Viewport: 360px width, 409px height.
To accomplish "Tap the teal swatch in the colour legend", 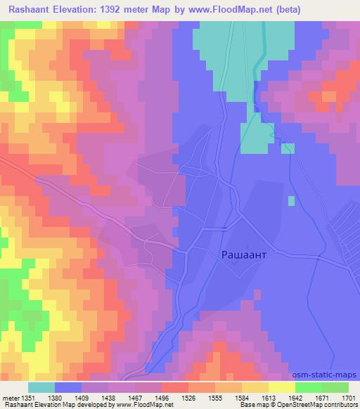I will coord(41,387).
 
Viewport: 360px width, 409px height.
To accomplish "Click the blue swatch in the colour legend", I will coord(68,387).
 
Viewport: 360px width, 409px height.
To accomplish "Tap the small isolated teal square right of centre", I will coord(291,201).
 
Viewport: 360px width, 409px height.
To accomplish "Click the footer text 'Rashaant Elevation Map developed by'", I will coord(49,405).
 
